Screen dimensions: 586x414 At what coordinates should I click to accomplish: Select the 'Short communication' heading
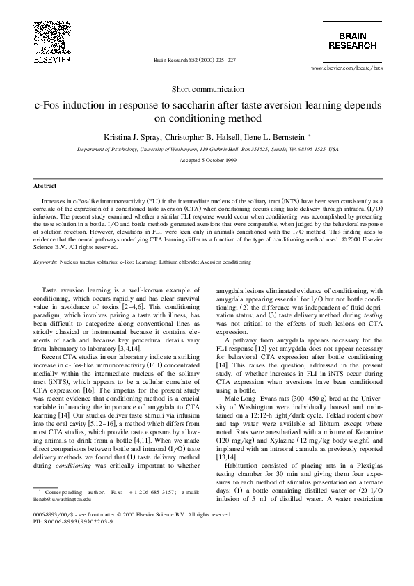(207, 89)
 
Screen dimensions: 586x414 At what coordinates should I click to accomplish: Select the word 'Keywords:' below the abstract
(45, 262)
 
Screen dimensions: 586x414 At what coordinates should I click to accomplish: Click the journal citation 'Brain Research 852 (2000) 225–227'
(195, 61)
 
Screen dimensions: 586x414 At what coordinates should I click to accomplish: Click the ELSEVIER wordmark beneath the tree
(47, 61)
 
